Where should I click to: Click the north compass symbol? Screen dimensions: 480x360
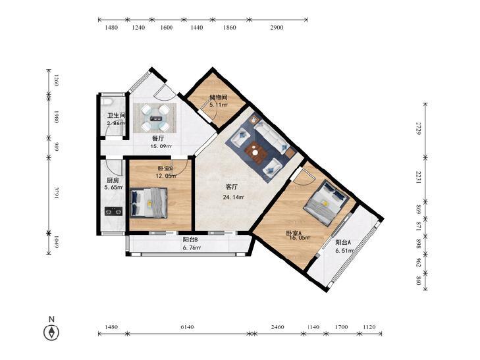(x=51, y=332)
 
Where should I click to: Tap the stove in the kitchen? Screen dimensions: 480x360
(x=113, y=211)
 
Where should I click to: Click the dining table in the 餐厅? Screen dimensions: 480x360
(x=155, y=118)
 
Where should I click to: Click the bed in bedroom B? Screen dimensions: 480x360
(x=149, y=203)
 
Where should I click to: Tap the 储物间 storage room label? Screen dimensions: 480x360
(x=218, y=97)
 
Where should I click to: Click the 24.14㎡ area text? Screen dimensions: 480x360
(x=234, y=197)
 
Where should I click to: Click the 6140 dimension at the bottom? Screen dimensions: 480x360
(x=187, y=327)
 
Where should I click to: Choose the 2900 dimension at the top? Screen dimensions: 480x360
(x=277, y=28)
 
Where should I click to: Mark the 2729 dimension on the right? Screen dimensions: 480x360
(x=419, y=128)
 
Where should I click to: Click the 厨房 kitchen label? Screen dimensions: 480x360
(x=113, y=180)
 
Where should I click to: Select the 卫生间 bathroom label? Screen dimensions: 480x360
(x=117, y=116)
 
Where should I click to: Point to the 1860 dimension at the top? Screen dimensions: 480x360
(x=230, y=28)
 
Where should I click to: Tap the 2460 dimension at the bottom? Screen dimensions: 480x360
(x=278, y=327)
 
